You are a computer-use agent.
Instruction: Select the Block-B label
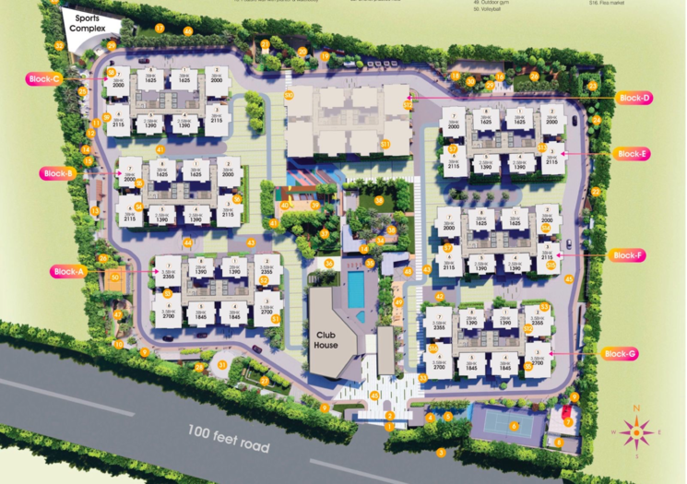pyautogui.click(x=57, y=173)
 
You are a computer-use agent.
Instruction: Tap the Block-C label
pyautogui.click(x=43, y=79)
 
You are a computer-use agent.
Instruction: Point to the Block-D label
pyautogui.click(x=634, y=98)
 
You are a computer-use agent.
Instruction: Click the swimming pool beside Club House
pyautogui.click(x=356, y=289)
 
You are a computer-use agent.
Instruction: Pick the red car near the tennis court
pyautogui.click(x=565, y=413)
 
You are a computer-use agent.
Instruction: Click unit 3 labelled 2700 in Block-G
pyautogui.click(x=537, y=359)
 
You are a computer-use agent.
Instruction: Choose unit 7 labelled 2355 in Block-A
pyautogui.click(x=168, y=271)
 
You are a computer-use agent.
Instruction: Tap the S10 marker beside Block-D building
pyautogui.click(x=408, y=105)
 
